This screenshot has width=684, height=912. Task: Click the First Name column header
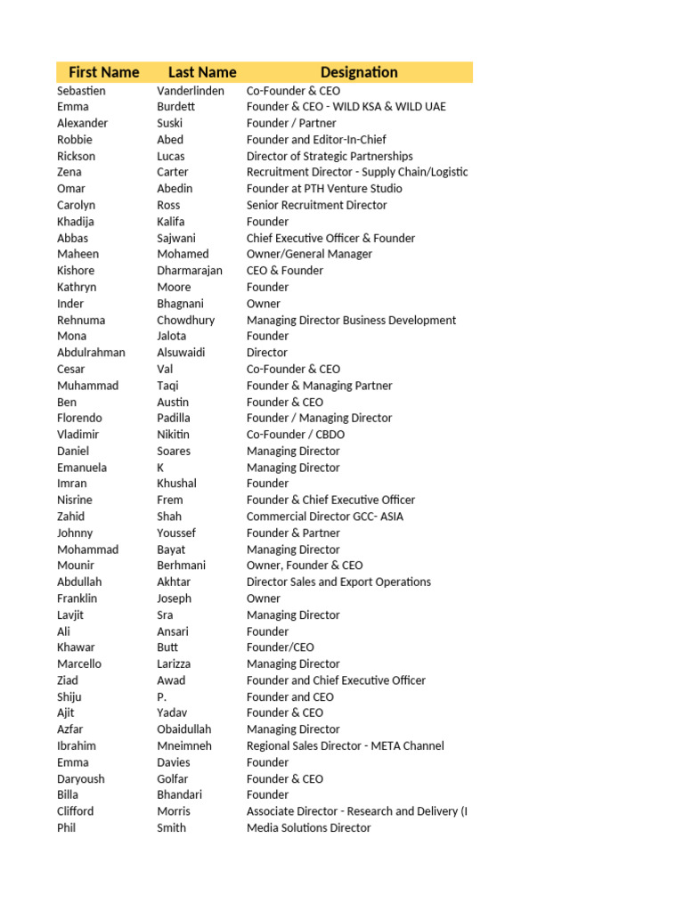pos(103,72)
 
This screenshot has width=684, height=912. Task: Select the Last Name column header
pos(202,72)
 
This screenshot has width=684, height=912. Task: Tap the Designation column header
pos(359,72)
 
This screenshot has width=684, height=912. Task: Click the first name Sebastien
pos(81,91)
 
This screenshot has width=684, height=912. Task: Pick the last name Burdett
pos(175,107)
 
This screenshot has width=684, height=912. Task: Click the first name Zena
pos(69,172)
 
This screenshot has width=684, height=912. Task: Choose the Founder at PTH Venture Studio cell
pos(324,189)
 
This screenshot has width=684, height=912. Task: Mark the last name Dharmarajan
pos(190,271)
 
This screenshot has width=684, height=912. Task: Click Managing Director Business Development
pos(351,320)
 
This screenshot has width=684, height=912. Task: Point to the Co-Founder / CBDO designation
pos(296,435)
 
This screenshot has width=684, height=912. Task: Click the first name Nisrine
pos(75,500)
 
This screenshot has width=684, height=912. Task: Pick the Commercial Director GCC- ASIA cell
pos(325,517)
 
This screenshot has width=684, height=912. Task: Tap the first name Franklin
pos(77,598)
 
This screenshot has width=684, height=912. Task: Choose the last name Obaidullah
pos(184,729)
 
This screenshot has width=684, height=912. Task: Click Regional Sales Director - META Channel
pos(345,745)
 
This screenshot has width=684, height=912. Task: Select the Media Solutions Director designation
pos(308,827)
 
